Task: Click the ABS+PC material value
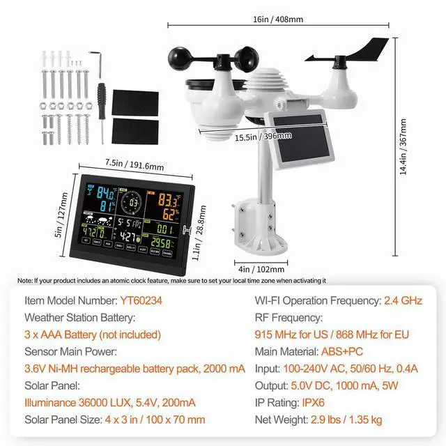click(x=342, y=351)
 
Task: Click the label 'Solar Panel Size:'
click(x=67, y=419)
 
